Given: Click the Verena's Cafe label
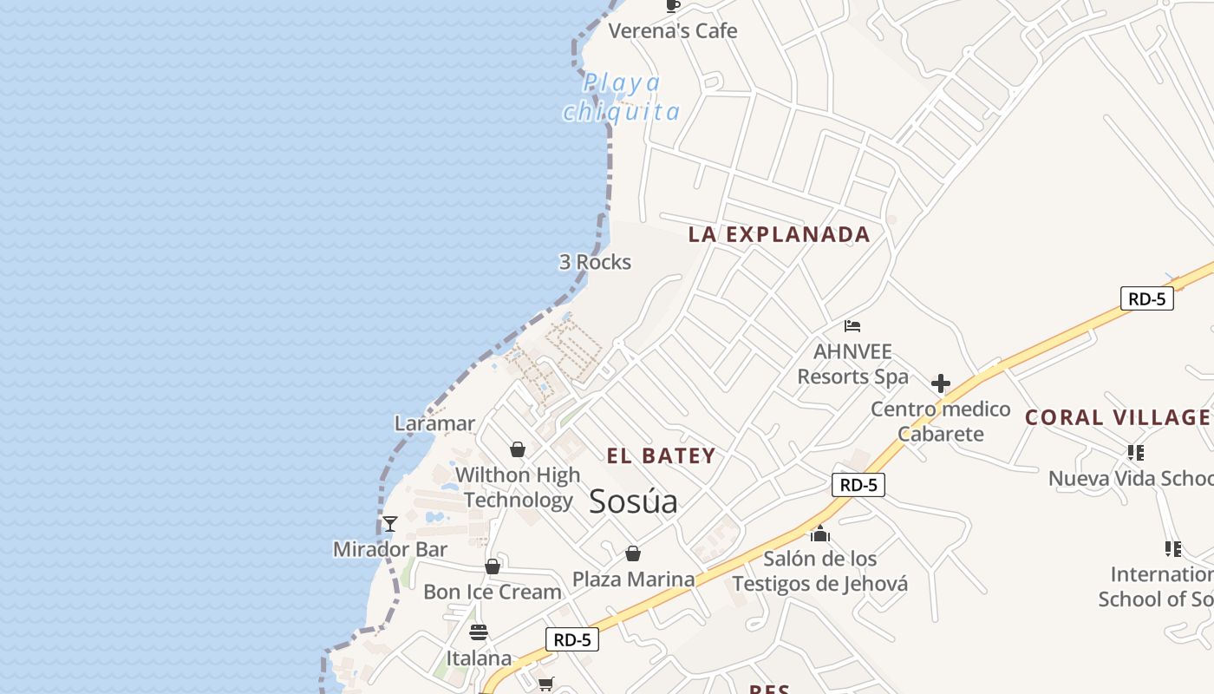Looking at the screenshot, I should [x=672, y=31].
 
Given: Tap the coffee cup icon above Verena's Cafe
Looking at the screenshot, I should [x=672, y=5].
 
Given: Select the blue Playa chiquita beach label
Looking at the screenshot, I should [x=622, y=97].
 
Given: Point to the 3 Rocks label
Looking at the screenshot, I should [x=595, y=262].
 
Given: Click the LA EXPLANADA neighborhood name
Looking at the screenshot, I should [x=779, y=234].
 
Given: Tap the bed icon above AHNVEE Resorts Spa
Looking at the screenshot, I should [x=852, y=326].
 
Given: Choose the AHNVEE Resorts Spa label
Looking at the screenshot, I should [x=852, y=364].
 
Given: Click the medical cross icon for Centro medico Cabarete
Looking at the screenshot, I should [x=940, y=383].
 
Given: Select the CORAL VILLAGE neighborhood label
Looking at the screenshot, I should [x=1118, y=417].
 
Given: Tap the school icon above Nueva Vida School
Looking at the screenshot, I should [x=1135, y=452].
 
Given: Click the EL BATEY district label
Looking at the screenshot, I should [x=661, y=456].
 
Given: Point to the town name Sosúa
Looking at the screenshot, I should [x=633, y=501].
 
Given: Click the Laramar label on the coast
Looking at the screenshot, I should [x=434, y=423].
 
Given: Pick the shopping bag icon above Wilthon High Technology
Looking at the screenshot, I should [x=518, y=449].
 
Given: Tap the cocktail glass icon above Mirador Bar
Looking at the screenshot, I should [x=390, y=523].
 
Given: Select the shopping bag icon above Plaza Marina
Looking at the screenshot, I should [x=633, y=553].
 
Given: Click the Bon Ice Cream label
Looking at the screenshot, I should [x=492, y=592].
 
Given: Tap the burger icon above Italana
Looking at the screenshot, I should [x=479, y=632].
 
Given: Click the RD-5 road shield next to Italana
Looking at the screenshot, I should [x=572, y=639].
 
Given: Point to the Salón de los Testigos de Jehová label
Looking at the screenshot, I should [x=819, y=571].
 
